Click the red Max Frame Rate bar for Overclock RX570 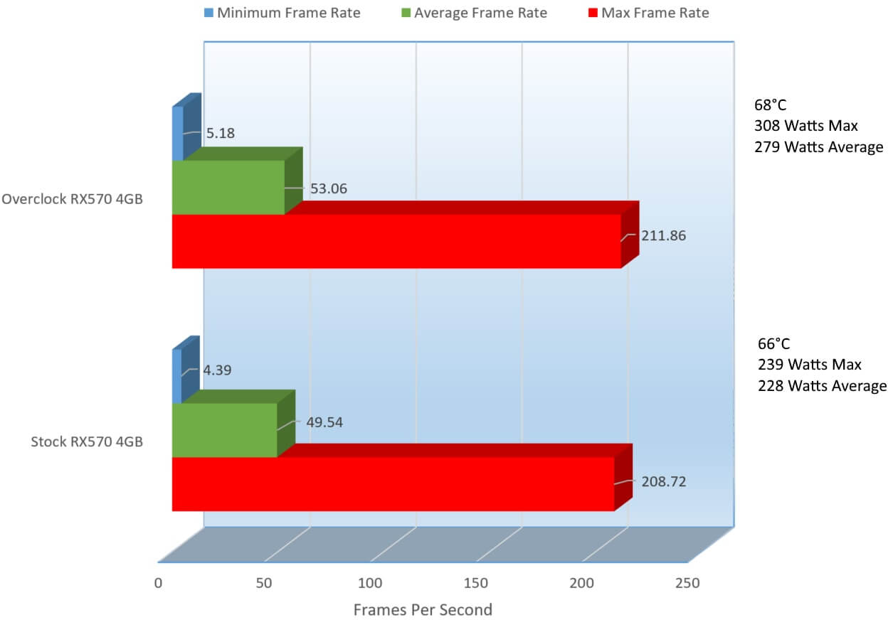pyautogui.click(x=396, y=241)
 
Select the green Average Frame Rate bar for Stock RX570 pyautogui.click(x=224, y=430)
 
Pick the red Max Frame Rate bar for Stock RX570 pyautogui.click(x=393, y=483)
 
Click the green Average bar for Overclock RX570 pyautogui.click(x=228, y=187)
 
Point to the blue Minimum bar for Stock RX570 pyautogui.click(x=177, y=376)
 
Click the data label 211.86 pyautogui.click(x=663, y=235)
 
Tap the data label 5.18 pyautogui.click(x=220, y=133)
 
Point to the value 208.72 pyautogui.click(x=663, y=481)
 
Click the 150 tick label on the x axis pyautogui.click(x=476, y=584)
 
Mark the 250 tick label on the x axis pyautogui.click(x=687, y=584)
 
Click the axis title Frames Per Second pyautogui.click(x=423, y=609)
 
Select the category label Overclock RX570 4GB pyautogui.click(x=72, y=199)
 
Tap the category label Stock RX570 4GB pyautogui.click(x=87, y=442)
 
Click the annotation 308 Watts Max pyautogui.click(x=806, y=126)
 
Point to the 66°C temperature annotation pyautogui.click(x=773, y=343)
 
